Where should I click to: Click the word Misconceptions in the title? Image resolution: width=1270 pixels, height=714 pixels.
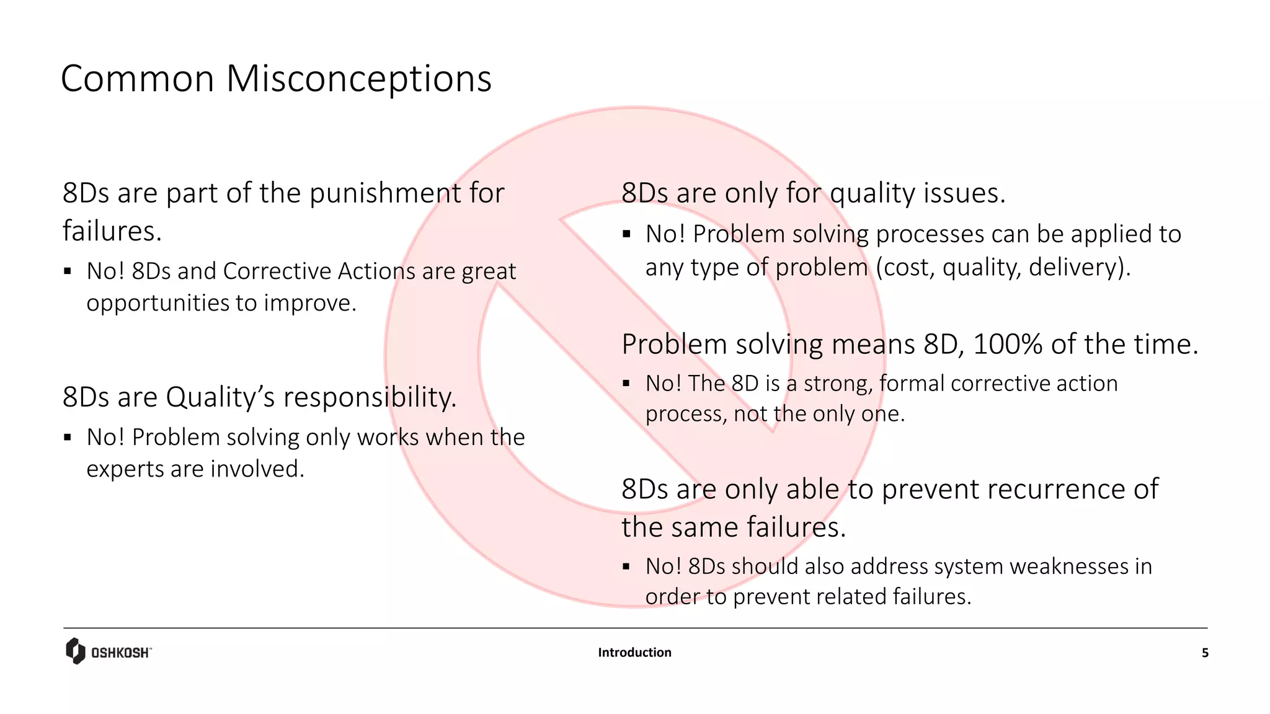coord(358,79)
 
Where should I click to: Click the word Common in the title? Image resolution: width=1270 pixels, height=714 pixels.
coord(137,79)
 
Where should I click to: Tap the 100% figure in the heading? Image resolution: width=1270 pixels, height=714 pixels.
coord(1008,345)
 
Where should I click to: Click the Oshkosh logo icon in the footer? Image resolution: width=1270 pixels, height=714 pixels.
coord(75,651)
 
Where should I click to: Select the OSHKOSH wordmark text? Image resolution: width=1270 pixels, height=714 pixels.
coord(120,653)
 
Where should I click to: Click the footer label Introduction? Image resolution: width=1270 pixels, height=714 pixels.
coord(634,652)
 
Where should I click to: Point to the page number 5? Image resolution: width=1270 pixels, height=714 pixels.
coord(1205,653)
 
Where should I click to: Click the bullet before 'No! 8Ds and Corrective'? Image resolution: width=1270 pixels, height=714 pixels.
coord(68,271)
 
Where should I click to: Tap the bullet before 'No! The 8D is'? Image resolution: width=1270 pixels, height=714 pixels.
coord(626,384)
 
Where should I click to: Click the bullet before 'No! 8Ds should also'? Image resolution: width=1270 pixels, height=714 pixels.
coord(626,566)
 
